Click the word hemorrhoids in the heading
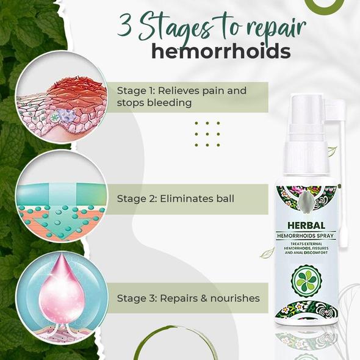click(221, 51)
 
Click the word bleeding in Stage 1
click(169, 103)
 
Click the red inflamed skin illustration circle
click(62, 98)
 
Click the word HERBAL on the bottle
click(306, 225)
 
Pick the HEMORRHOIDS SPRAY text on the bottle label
click(305, 236)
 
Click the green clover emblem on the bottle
click(306, 281)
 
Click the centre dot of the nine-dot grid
click(207, 134)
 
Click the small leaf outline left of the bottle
click(267, 253)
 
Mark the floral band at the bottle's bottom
click(306, 311)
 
